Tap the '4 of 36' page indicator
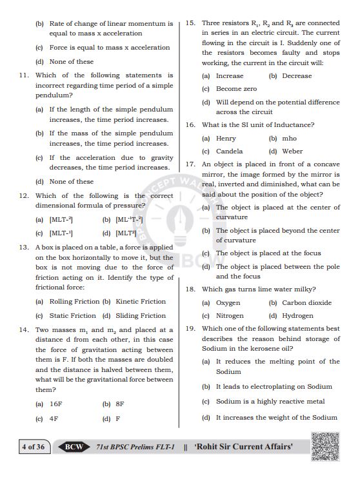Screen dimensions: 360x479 tap(33, 447)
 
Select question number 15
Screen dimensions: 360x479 tap(190, 23)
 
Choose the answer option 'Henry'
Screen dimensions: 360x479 tap(226, 139)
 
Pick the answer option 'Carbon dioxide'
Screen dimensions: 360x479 tap(306, 303)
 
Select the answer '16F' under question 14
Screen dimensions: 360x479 tap(55, 404)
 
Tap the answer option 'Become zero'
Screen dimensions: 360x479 tap(236, 89)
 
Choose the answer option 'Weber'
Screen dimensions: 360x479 tap(292, 152)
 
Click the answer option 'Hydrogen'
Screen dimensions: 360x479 tap(297, 316)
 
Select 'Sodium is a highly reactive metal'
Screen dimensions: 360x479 tap(270, 402)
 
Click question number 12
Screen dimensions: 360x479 tap(24, 195)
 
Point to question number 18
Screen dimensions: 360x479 tap(190, 289)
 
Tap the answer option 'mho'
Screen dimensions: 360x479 tap(289, 139)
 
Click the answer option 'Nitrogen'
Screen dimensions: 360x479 tap(230, 316)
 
